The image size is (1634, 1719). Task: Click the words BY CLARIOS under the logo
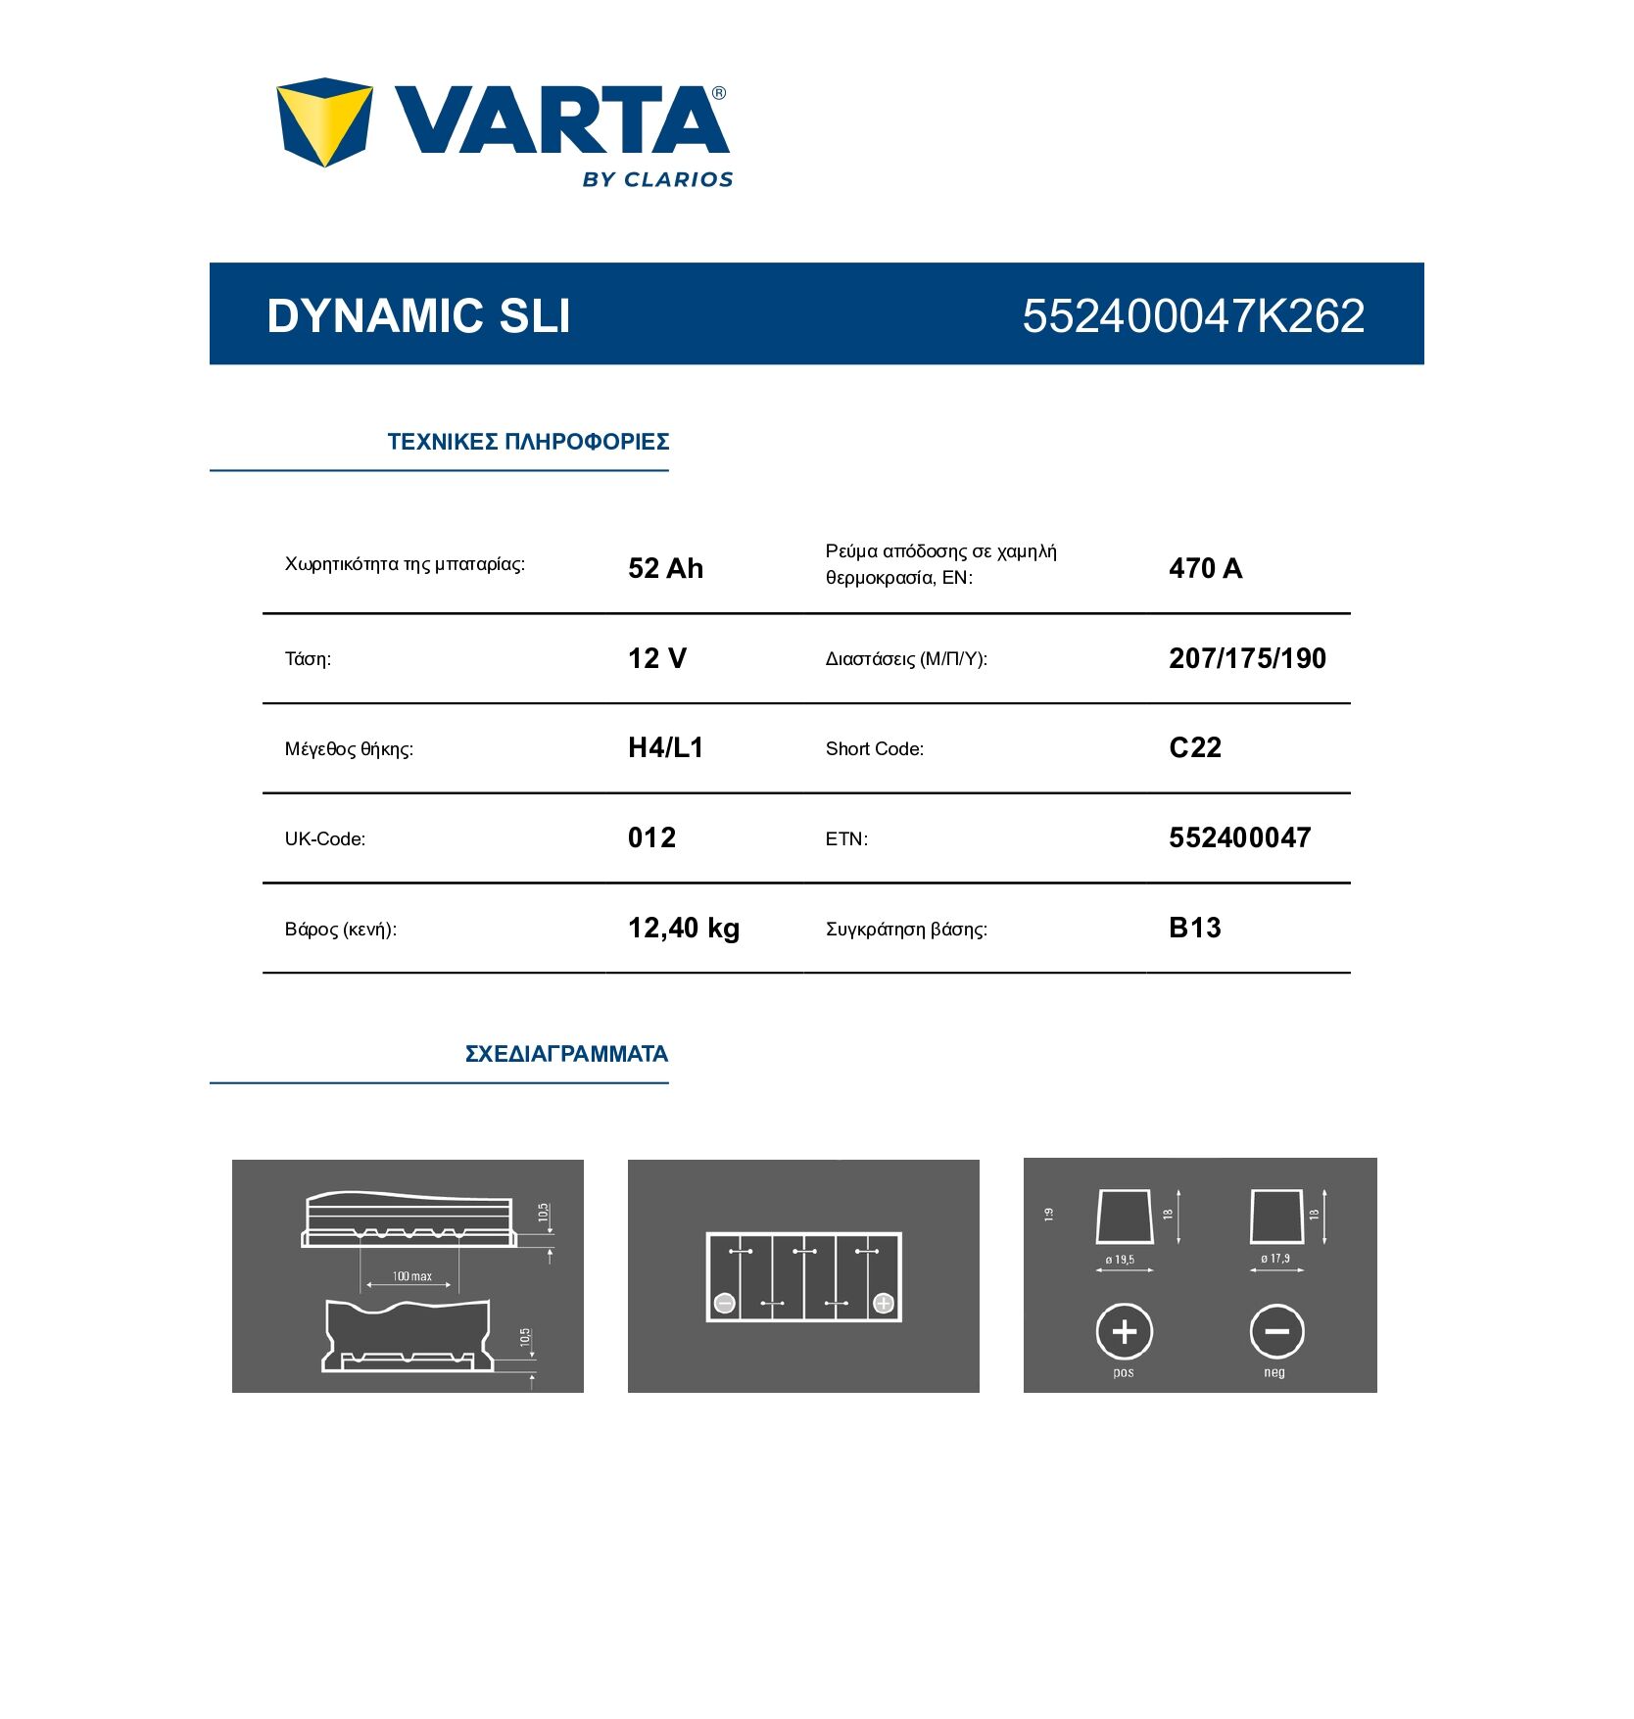pos(657,179)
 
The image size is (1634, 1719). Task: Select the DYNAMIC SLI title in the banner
pos(418,315)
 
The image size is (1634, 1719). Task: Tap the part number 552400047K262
pos(1193,315)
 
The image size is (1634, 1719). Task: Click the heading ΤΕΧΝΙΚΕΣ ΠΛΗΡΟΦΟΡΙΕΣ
pos(528,442)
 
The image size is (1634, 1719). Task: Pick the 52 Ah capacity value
pos(665,568)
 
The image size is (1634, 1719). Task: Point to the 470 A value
pos(1205,568)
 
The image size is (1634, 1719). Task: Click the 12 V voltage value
pos(656,658)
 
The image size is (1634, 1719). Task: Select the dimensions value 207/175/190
pos(1247,658)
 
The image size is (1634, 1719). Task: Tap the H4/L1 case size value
pos(665,748)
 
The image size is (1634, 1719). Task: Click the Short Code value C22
pos(1195,748)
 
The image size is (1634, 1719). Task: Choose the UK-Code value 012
pos(651,838)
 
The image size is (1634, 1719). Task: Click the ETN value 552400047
pos(1239,838)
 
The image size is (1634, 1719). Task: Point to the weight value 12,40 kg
pos(683,929)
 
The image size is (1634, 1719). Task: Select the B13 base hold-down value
pos(1195,929)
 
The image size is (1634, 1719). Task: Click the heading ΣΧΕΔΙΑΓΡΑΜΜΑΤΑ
pos(566,1054)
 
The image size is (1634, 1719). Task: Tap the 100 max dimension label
pos(411,1276)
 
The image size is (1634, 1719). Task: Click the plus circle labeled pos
pos(1124,1331)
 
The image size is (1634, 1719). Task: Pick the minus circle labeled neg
pos(1276,1331)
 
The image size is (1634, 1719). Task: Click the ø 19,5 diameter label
pos(1121,1260)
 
